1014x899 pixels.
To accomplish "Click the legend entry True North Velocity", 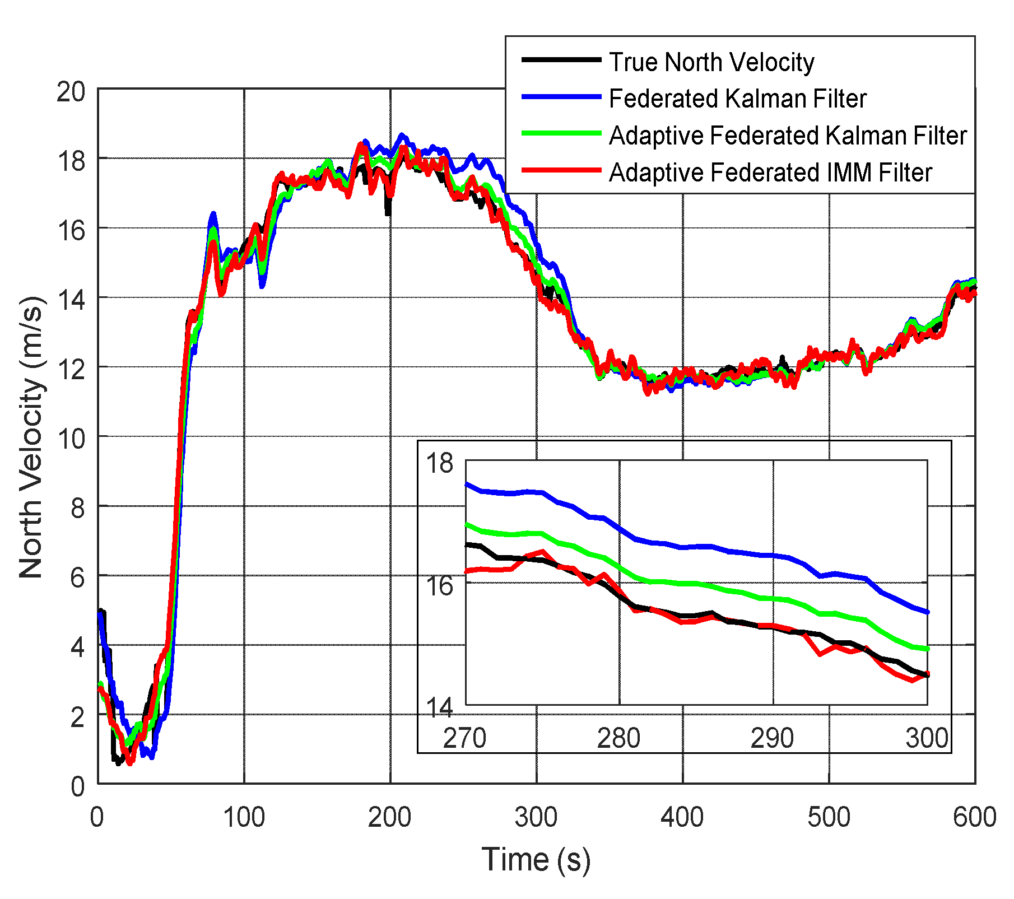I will [x=711, y=62].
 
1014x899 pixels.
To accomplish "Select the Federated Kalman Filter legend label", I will [x=737, y=99].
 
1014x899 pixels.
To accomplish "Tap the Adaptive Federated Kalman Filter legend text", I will [x=788, y=136].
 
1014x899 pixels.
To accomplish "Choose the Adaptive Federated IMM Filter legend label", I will [x=770, y=173].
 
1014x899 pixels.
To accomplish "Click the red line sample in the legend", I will [x=561, y=170].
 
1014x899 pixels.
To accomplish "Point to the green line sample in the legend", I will [x=561, y=133].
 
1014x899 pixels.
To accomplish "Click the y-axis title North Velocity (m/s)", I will [x=31, y=437].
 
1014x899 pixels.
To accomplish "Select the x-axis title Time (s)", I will [x=536, y=859].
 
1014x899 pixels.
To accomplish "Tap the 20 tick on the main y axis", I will [x=71, y=91].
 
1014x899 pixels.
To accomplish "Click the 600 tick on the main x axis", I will [x=974, y=817].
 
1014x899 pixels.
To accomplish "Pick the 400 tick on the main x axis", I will [x=682, y=817].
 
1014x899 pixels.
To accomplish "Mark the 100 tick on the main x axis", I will [x=244, y=817].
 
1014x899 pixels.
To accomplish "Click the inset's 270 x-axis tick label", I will [x=464, y=738].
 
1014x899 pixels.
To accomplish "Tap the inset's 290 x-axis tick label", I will [x=772, y=738].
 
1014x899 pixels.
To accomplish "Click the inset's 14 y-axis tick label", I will [x=440, y=707].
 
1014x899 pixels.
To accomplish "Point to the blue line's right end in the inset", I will [x=927, y=612].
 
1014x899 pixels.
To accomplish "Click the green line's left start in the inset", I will [x=467, y=524].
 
